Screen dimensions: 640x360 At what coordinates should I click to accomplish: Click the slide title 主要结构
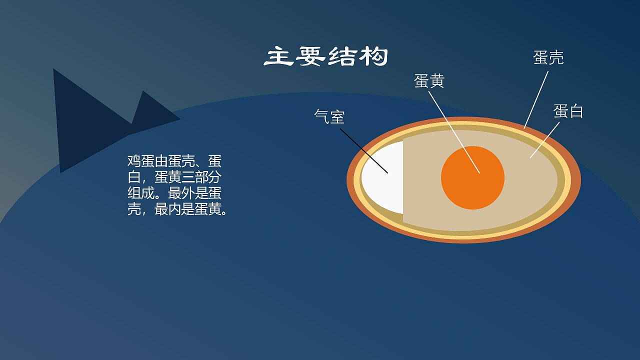coord(326,56)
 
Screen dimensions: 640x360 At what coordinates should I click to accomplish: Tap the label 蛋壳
coord(548,57)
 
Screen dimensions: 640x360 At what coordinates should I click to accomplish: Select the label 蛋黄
coord(429,80)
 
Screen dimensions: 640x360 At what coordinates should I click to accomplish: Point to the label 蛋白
coord(568,111)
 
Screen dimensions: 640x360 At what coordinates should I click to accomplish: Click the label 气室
coord(329,116)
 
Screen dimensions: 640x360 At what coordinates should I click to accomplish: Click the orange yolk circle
coord(473,177)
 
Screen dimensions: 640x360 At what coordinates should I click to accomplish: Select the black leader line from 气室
coord(363,151)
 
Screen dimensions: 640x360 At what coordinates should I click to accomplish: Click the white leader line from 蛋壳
coord(536,99)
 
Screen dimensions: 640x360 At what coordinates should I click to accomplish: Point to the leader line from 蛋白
coord(544,140)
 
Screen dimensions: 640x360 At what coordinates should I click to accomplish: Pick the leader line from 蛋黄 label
coord(454,132)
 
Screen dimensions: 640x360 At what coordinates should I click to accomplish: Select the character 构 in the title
coord(373,56)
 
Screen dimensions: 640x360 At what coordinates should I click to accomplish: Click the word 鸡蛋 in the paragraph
coord(141,161)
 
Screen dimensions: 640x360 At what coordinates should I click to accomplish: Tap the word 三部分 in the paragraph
coord(201,177)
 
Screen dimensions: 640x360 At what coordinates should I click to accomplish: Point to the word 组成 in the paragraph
coord(141,193)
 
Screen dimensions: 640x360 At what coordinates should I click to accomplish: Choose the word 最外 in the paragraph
coord(181,193)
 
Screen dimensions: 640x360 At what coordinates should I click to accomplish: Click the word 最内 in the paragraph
coord(167,209)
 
